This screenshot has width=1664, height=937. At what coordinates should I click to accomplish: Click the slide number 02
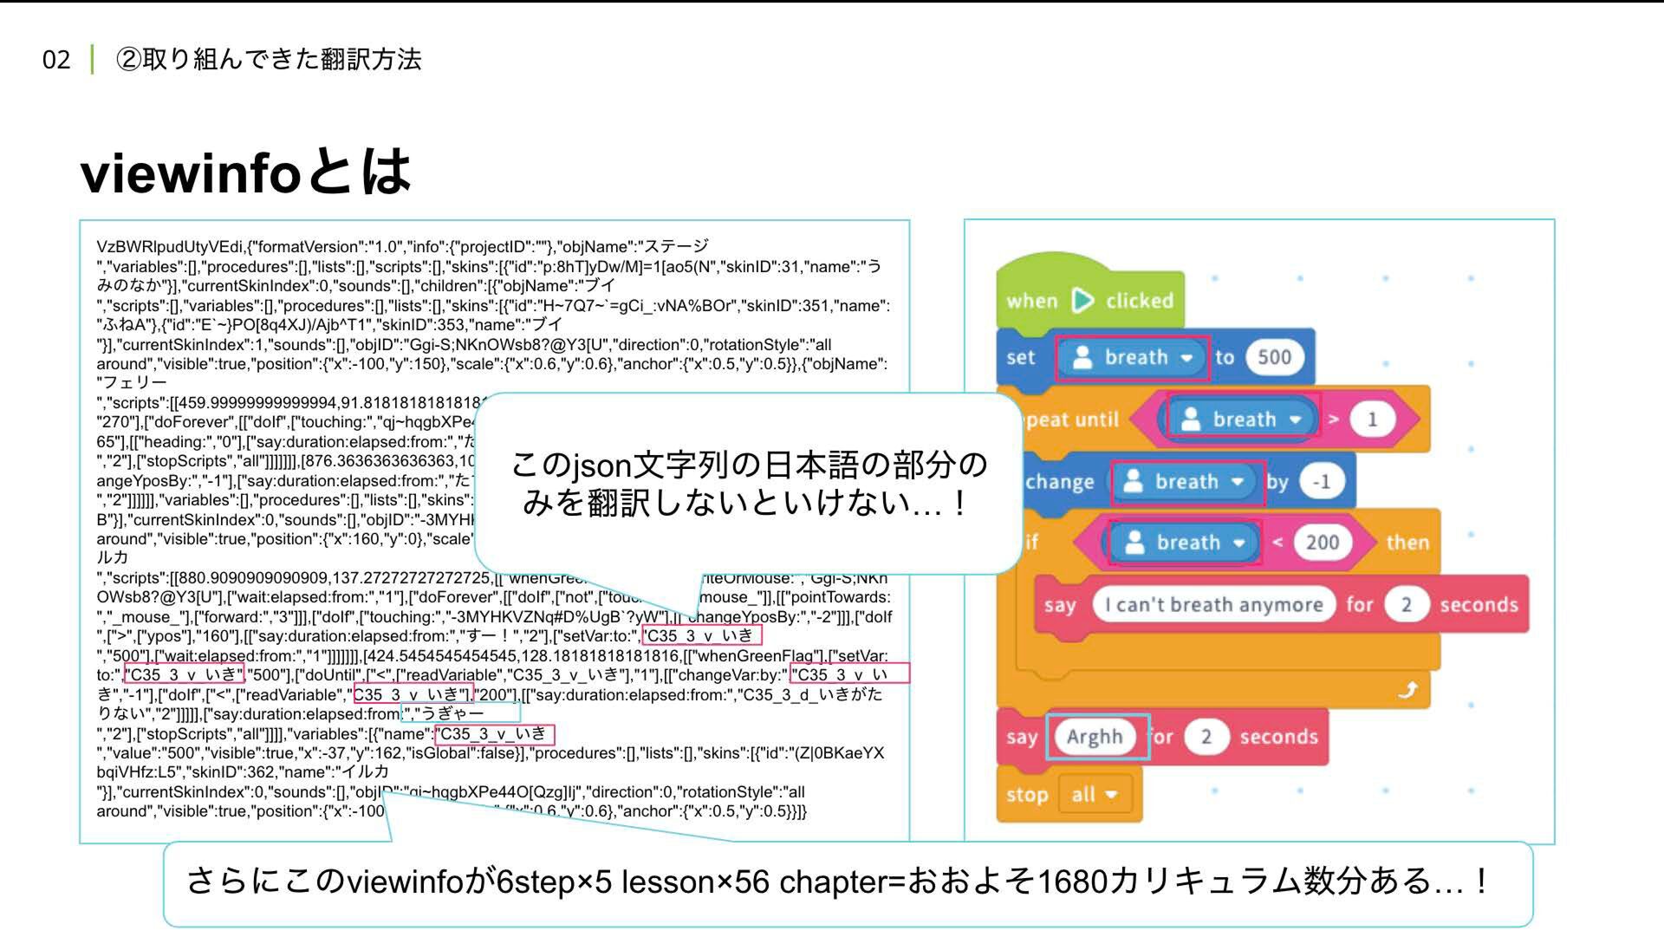56,60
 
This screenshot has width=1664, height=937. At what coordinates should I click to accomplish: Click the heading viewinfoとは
245,172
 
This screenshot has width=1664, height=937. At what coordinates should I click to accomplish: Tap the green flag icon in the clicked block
1082,301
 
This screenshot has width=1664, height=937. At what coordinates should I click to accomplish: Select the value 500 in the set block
1274,357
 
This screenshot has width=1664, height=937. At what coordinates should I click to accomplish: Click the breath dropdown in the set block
1134,358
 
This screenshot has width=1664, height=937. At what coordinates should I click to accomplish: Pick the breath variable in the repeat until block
1241,420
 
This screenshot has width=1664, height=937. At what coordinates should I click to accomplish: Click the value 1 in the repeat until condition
1372,420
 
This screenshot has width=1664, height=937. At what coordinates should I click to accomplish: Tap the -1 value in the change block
1321,482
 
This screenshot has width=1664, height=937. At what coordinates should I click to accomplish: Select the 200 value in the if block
1322,543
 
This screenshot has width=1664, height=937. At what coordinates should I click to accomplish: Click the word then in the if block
1407,543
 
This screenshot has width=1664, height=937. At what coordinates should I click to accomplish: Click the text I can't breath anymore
1213,605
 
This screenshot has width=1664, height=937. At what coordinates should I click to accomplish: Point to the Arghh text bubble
1095,737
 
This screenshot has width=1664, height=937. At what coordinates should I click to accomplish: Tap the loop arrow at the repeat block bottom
1408,689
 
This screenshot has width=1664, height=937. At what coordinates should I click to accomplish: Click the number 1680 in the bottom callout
1072,882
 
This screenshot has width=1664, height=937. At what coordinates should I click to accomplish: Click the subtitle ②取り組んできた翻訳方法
269,60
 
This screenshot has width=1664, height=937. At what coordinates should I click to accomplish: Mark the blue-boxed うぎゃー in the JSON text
452,714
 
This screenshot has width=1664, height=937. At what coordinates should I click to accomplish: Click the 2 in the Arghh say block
1206,737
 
